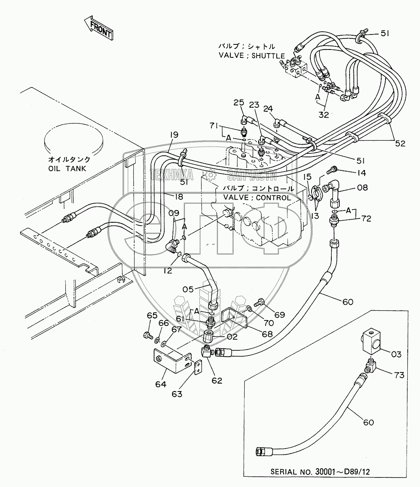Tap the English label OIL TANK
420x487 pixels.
67,168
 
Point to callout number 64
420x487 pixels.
160,384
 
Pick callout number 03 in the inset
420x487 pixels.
396,354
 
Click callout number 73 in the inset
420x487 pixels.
399,375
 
